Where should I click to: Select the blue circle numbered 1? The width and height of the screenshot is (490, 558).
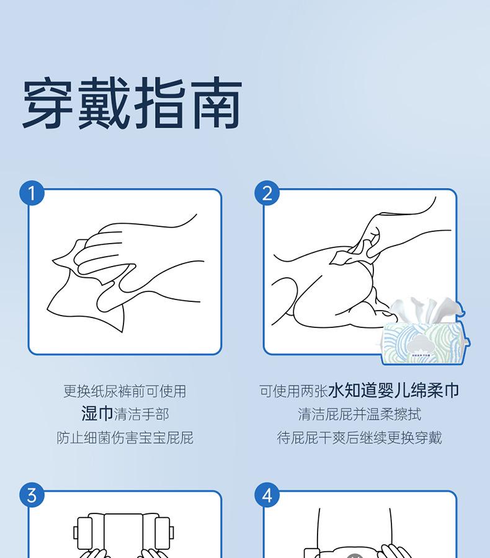pyautogui.click(x=32, y=193)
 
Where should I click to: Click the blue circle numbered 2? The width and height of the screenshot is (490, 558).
pyautogui.click(x=267, y=193)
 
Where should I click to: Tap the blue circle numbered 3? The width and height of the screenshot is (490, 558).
pyautogui.click(x=32, y=495)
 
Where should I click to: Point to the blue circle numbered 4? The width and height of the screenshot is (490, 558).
pyautogui.click(x=267, y=495)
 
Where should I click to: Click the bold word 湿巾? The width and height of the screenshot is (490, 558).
pyautogui.click(x=97, y=414)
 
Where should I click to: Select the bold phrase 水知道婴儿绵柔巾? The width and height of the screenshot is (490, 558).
pyautogui.click(x=393, y=391)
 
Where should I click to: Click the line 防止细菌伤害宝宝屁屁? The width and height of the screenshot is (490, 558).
pyautogui.click(x=125, y=438)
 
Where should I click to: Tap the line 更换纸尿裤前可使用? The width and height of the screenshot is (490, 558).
pyautogui.click(x=125, y=391)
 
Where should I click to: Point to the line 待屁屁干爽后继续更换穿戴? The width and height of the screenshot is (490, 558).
pyautogui.click(x=359, y=438)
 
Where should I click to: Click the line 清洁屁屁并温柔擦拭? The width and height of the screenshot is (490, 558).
pyautogui.click(x=359, y=414)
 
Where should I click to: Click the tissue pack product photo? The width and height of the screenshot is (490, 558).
pyautogui.click(x=425, y=331)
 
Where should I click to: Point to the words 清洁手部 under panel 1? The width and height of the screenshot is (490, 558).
pyautogui.click(x=141, y=414)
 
